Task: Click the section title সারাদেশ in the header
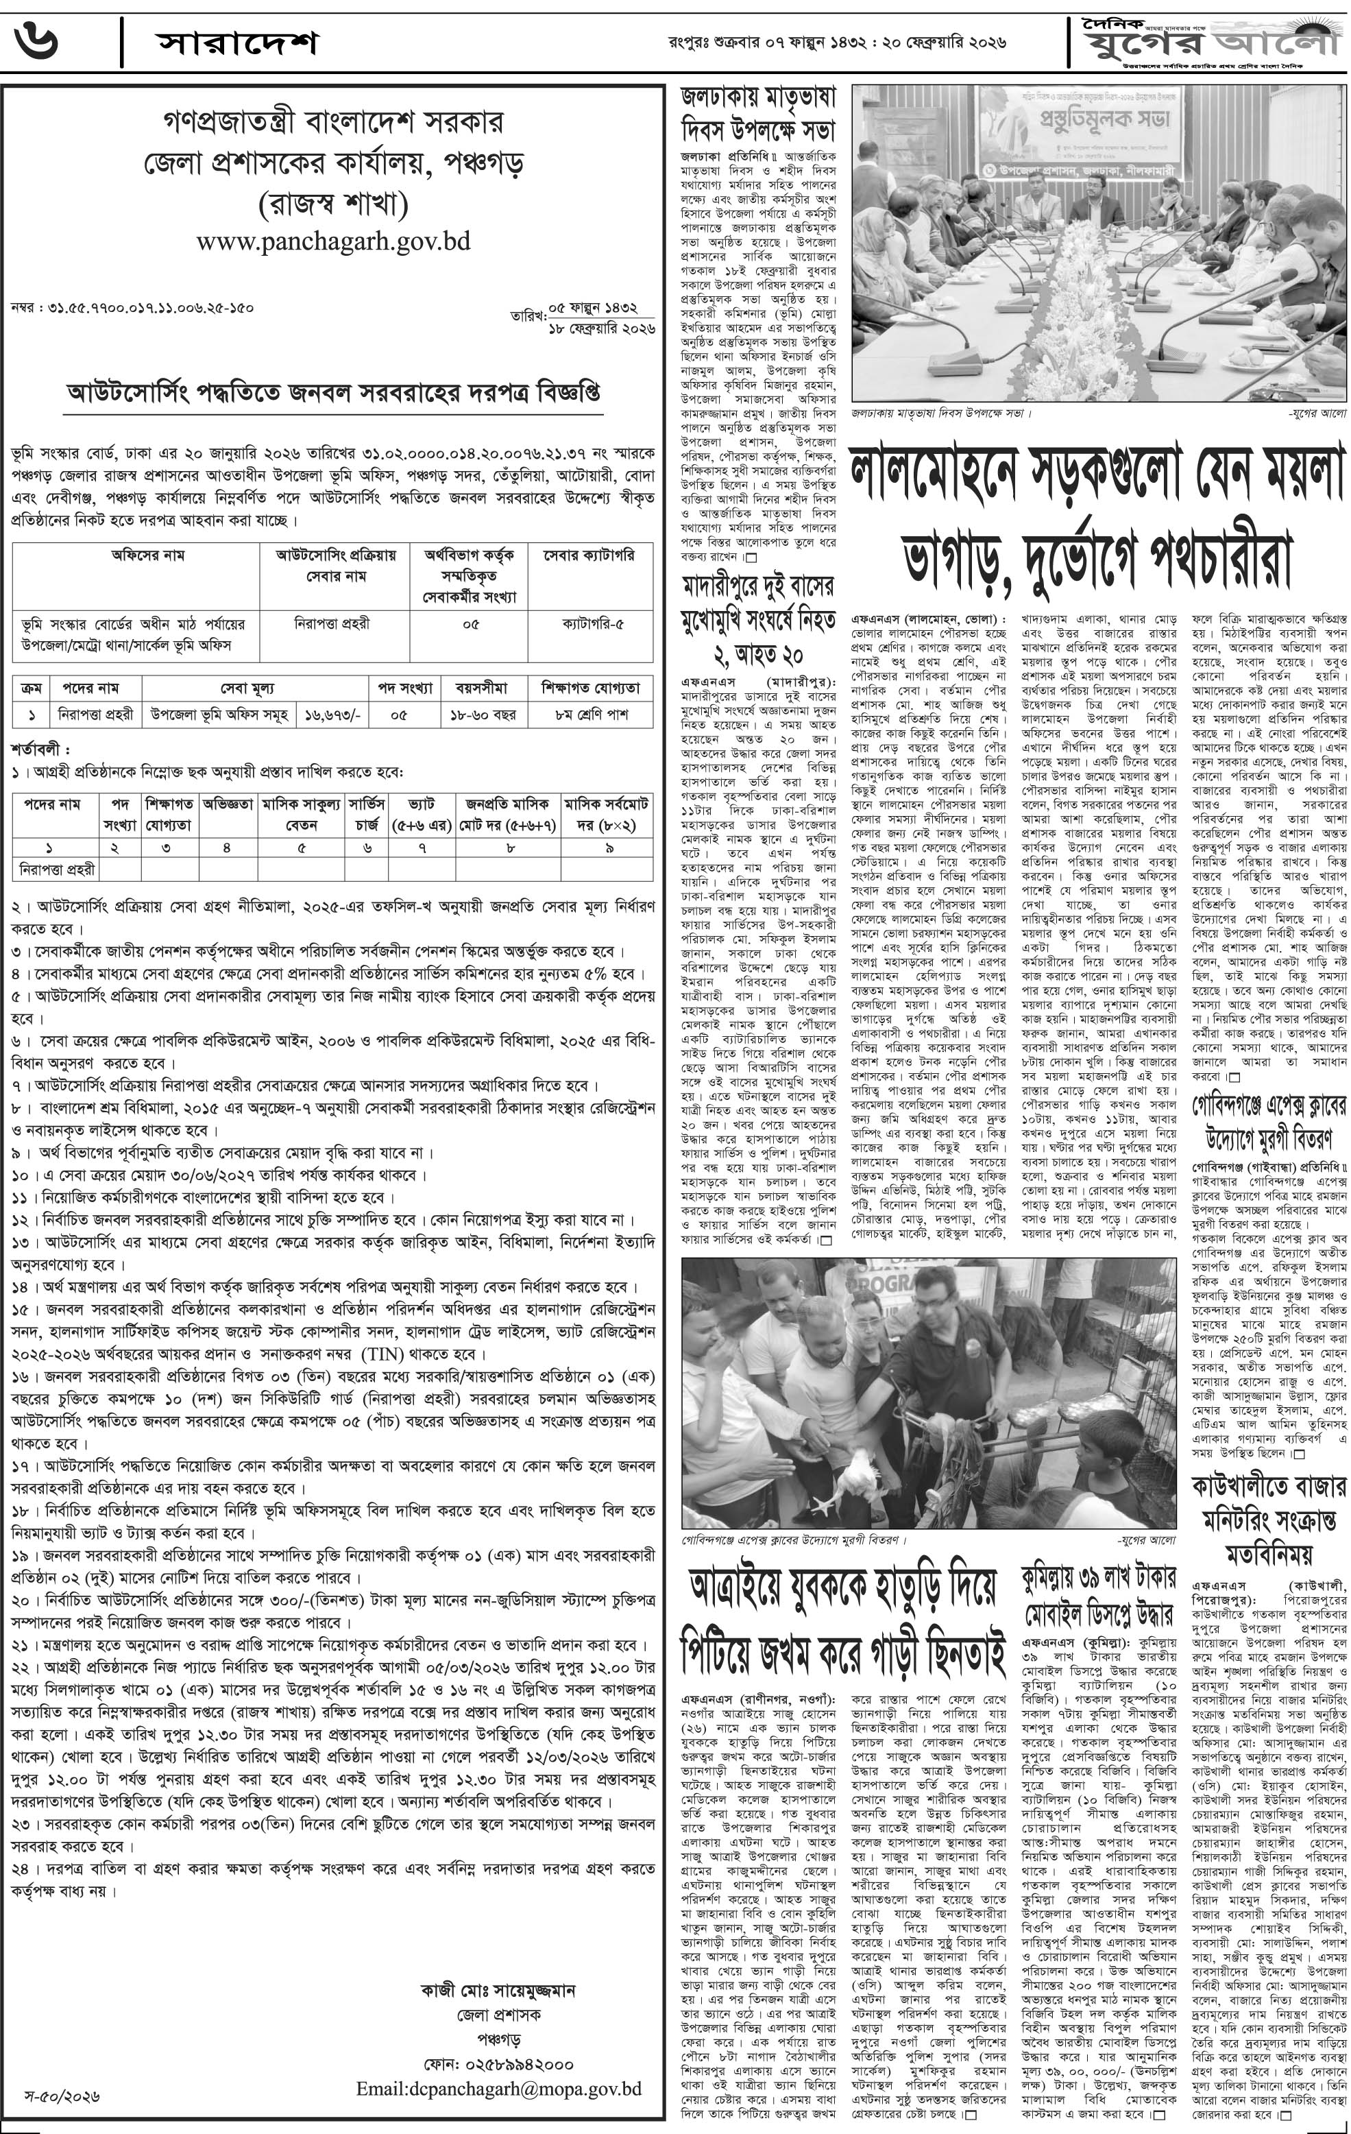(236, 43)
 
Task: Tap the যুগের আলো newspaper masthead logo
(1210, 37)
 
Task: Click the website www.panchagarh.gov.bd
(333, 241)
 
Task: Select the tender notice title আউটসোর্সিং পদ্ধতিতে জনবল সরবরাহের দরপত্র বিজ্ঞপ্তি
(333, 392)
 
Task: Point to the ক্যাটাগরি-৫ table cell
(592, 624)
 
